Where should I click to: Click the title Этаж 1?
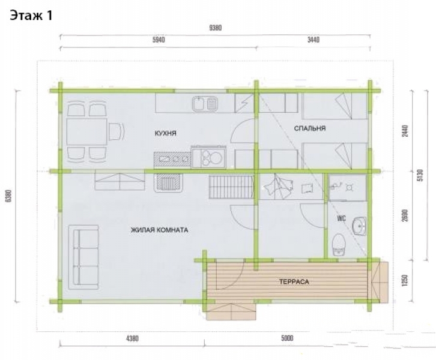pyautogui.click(x=31, y=16)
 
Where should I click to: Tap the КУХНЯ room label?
pyautogui.click(x=165, y=133)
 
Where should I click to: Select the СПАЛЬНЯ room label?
pyautogui.click(x=310, y=128)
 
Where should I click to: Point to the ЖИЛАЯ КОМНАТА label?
pyautogui.click(x=159, y=230)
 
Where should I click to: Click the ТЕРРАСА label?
pyautogui.click(x=294, y=281)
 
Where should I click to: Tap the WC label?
pyautogui.click(x=341, y=218)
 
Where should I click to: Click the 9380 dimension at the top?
pyautogui.click(x=215, y=28)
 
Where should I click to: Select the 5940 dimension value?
pyautogui.click(x=159, y=40)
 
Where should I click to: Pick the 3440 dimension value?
pyautogui.click(x=313, y=40)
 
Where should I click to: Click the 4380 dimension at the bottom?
pyautogui.click(x=132, y=338)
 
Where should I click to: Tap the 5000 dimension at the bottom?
pyautogui.click(x=287, y=338)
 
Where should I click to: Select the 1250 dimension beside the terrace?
pyautogui.click(x=405, y=280)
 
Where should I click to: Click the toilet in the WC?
pyautogui.click(x=339, y=244)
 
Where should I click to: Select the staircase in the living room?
pyautogui.click(x=231, y=187)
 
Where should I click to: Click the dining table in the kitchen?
pyautogui.click(x=86, y=131)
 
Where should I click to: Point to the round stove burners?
pyautogui.click(x=212, y=158)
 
